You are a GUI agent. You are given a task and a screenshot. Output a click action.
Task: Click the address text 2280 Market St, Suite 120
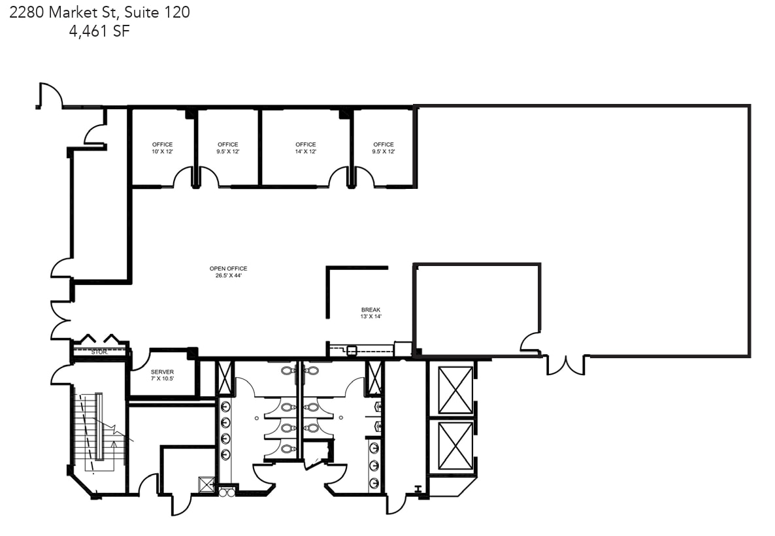point(99,12)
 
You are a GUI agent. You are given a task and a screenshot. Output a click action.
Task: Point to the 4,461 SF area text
point(99,31)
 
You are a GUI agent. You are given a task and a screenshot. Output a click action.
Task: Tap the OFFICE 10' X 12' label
point(162,148)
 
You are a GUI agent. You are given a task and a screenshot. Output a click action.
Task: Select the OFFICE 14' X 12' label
point(305,148)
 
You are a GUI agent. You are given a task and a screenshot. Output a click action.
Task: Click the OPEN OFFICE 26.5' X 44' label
point(228,272)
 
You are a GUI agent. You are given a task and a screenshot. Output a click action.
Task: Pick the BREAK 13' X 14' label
point(371,313)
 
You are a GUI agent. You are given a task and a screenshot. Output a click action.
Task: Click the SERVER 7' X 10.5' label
point(162,375)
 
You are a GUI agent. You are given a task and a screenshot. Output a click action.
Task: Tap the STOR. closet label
point(99,352)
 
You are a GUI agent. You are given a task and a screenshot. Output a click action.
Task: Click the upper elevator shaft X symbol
point(455,390)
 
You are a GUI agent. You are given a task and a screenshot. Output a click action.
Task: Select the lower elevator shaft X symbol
point(455,446)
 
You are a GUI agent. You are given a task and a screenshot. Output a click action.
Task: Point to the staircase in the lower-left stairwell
point(92,428)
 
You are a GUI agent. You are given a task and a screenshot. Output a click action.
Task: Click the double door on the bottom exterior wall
point(566,365)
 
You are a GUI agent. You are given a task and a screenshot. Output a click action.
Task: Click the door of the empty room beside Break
point(531,343)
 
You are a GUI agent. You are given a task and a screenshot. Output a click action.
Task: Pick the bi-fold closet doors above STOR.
point(99,339)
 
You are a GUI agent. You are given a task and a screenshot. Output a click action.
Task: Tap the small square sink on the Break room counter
point(352,350)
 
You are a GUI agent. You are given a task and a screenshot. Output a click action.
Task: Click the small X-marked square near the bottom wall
point(207,484)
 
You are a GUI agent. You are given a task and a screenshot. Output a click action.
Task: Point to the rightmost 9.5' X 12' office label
point(384,148)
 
